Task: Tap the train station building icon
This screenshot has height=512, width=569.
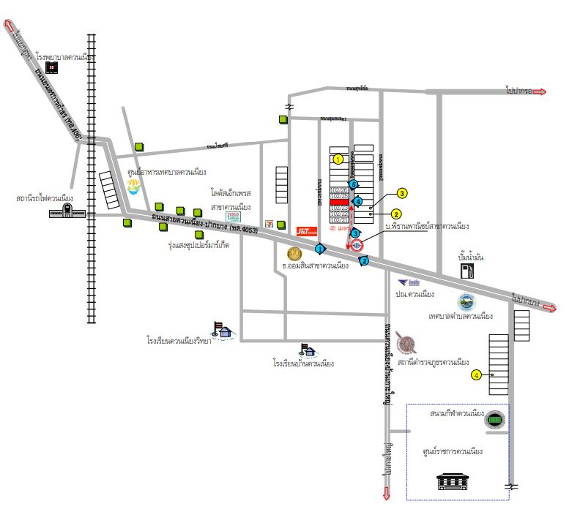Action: tap(65, 211)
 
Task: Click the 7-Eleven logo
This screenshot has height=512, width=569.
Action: tap(271, 221)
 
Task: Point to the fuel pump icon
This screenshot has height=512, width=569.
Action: tap(466, 270)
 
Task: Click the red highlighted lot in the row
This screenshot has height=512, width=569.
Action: tap(339, 202)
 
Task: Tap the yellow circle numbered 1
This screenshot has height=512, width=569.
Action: tap(338, 159)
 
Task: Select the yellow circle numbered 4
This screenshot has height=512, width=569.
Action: tap(476, 374)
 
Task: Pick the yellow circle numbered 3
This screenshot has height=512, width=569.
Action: tap(401, 194)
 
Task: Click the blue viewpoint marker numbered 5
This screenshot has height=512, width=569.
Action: tap(353, 185)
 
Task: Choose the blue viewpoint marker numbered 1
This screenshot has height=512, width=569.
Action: tap(320, 249)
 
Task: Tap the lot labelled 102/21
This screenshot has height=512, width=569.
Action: tap(339, 220)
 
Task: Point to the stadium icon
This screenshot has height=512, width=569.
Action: tap(496, 420)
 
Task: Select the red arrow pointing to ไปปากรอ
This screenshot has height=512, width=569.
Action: tap(539, 91)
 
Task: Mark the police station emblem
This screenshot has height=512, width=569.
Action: tap(405, 343)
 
